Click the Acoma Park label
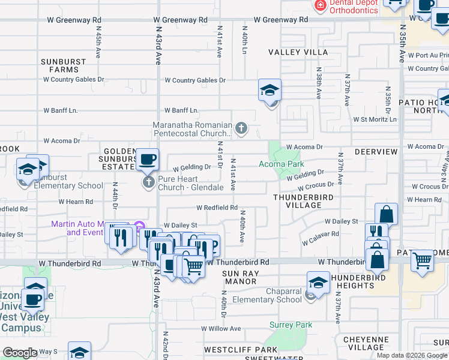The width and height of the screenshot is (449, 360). coord(281,164)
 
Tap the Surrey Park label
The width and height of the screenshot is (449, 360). coord(291,325)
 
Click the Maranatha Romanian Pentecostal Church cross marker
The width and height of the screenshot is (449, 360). coord(241,128)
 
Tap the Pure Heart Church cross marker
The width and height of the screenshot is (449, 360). coord(148,181)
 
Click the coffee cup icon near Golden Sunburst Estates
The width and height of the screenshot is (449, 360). coord(147,160)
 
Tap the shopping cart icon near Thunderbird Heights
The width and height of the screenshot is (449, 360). coord(423,260)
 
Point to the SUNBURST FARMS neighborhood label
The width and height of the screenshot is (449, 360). coord(60,65)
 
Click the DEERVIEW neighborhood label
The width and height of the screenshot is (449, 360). coord(376,152)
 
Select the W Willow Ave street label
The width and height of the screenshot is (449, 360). coord(221,329)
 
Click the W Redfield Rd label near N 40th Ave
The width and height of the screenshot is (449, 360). coord(217,208)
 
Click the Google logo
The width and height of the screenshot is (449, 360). coord(20,353)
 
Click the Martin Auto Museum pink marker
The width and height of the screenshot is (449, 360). coord(140,226)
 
